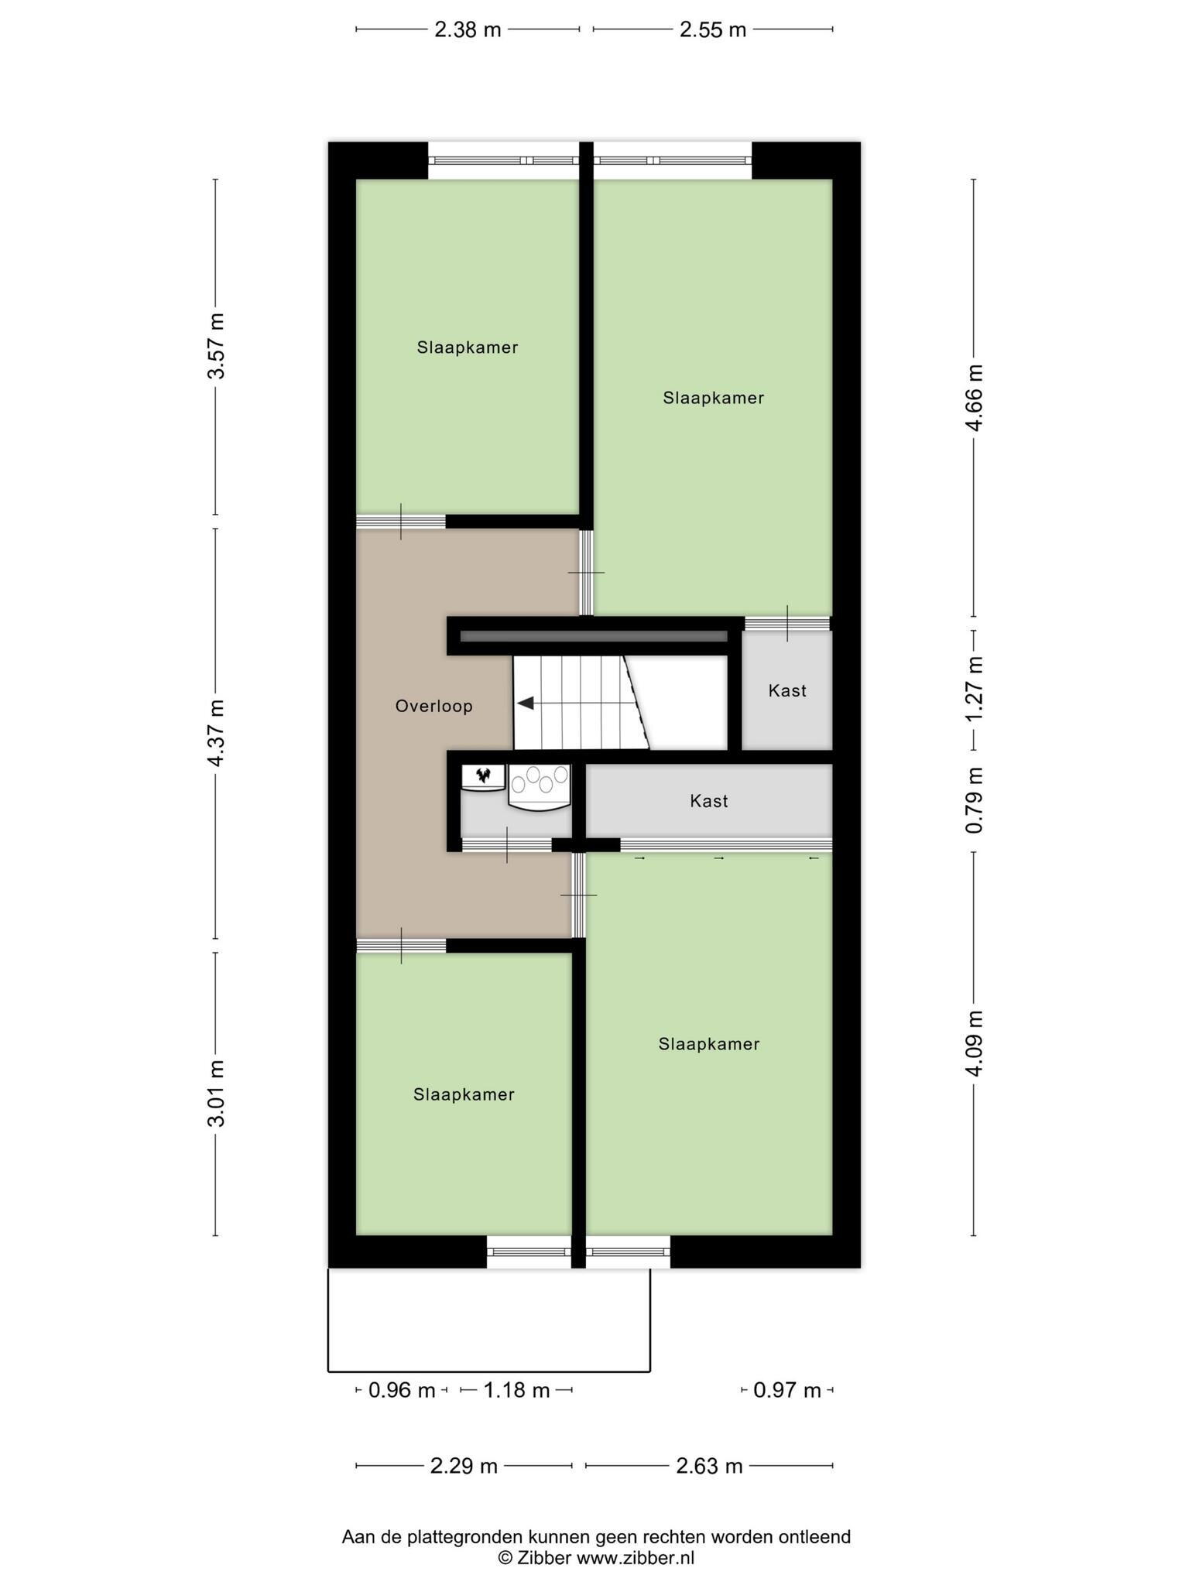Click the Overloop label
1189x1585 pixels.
(433, 706)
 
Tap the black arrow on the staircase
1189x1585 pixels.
(526, 703)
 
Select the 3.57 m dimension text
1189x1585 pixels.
(216, 346)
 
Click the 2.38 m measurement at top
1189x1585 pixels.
(468, 30)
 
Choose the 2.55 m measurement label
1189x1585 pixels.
(712, 30)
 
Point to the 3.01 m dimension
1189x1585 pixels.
(216, 1094)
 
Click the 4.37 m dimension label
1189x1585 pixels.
(216, 733)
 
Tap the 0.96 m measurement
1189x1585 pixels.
(402, 1391)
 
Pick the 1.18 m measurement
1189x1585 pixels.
(516, 1391)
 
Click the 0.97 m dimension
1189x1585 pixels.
(787, 1391)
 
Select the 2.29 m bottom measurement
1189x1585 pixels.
(464, 1466)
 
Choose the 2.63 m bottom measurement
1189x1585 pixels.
(709, 1466)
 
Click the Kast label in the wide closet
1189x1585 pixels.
(709, 801)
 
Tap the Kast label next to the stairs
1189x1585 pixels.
(787, 690)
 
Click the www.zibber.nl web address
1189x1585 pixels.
(635, 1558)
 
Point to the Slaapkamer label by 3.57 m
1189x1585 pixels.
(468, 347)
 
